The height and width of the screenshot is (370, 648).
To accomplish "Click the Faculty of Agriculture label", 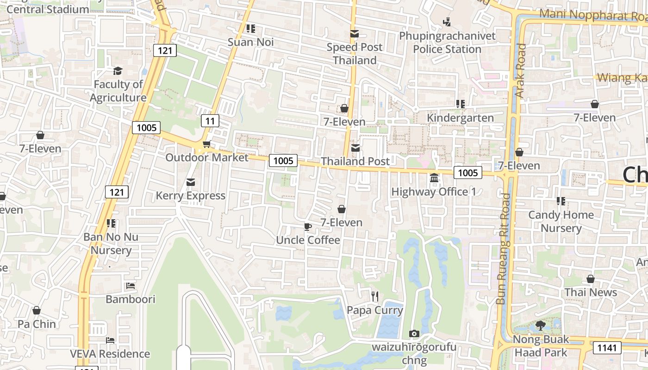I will pyautogui.click(x=118, y=91).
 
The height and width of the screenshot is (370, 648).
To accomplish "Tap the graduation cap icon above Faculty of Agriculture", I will pyautogui.click(x=118, y=71).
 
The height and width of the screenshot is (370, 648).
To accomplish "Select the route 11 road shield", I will pyautogui.click(x=210, y=121).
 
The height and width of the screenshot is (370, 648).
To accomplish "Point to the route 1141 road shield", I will pyautogui.click(x=606, y=347).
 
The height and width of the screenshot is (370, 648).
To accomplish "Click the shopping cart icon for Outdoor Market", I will pyautogui.click(x=206, y=144).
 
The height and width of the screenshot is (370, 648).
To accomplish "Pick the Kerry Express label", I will pyautogui.click(x=190, y=196).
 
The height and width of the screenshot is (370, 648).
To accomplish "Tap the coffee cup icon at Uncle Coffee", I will pyautogui.click(x=308, y=227).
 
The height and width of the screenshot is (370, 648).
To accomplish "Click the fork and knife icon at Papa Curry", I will pyautogui.click(x=375, y=296).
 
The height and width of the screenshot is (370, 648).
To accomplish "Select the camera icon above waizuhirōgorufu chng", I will pyautogui.click(x=414, y=333).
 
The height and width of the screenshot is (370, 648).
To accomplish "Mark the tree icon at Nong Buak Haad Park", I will pyautogui.click(x=540, y=326).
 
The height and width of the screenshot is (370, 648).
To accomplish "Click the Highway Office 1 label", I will pyautogui.click(x=434, y=191).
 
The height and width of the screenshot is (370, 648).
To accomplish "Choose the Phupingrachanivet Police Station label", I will pyautogui.click(x=447, y=43).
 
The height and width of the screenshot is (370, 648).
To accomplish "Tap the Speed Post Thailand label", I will pyautogui.click(x=355, y=54).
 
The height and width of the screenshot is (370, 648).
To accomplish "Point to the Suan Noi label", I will pyautogui.click(x=250, y=42).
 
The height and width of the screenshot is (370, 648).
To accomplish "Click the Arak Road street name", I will pyautogui.click(x=521, y=70).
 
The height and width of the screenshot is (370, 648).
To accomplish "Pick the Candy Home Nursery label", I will pyautogui.click(x=561, y=222).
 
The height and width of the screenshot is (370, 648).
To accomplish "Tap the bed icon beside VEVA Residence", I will pyautogui.click(x=110, y=340).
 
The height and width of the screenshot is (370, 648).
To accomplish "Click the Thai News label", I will pyautogui.click(x=590, y=292).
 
